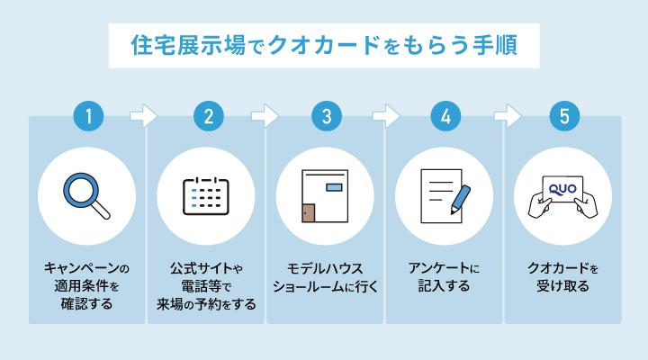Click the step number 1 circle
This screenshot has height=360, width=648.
(x=88, y=116)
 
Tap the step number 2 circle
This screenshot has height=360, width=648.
(x=208, y=116)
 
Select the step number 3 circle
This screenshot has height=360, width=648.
(x=327, y=116)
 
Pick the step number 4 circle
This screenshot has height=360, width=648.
(x=445, y=116)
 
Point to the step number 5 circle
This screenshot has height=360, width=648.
(x=563, y=116)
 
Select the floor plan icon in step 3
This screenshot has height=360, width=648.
(x=324, y=197)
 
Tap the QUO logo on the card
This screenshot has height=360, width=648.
(x=562, y=186)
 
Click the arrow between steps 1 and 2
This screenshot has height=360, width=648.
(x=144, y=116)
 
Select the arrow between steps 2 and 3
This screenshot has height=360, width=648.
(x=265, y=116)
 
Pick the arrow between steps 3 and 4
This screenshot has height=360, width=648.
(x=385, y=116)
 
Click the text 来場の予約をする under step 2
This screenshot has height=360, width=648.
(x=207, y=304)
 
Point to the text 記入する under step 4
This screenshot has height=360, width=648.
(x=445, y=286)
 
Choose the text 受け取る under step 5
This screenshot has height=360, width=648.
(x=563, y=286)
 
